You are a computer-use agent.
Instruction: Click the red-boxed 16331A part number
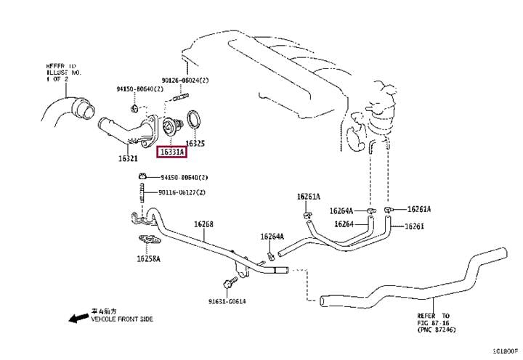pos(171,152)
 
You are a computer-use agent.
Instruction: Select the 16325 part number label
pos(195,144)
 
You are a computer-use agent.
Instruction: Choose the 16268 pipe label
pos(203,224)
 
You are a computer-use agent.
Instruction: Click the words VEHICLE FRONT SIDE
pos(121,319)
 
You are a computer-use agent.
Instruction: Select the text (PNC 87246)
pos(437,330)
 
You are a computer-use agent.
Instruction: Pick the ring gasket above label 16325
pos(195,119)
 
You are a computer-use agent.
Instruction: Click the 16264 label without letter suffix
pos(344,224)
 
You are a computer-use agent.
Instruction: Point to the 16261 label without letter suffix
pos(413,226)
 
